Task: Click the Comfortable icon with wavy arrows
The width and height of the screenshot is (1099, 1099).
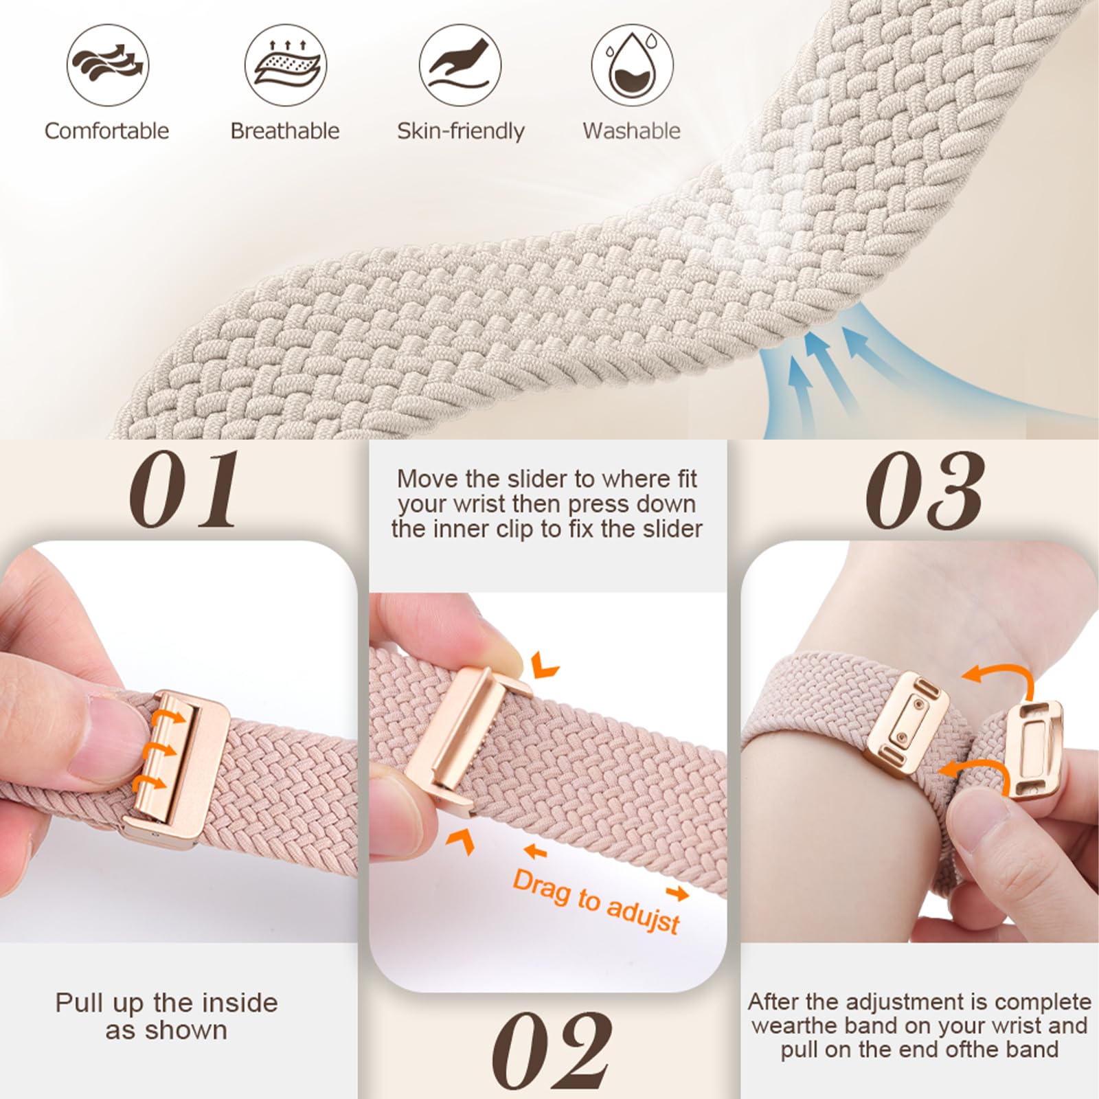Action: pyautogui.click(x=108, y=65)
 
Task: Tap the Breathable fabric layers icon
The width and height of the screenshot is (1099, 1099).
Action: pyautogui.click(x=285, y=65)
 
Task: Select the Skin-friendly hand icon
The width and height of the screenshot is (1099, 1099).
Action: pyautogui.click(x=460, y=65)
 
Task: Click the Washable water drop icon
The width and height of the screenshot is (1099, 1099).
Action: pyautogui.click(x=632, y=65)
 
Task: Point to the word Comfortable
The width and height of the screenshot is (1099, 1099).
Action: pyautogui.click(x=106, y=131)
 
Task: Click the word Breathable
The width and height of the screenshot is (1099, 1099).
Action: pyautogui.click(x=285, y=131)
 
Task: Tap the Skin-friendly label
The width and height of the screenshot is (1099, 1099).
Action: pyautogui.click(x=460, y=131)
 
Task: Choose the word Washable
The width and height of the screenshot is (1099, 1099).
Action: pyautogui.click(x=632, y=131)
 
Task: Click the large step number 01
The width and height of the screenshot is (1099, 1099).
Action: pyautogui.click(x=184, y=489)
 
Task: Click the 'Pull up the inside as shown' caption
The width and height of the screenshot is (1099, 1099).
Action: pyautogui.click(x=166, y=1017)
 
